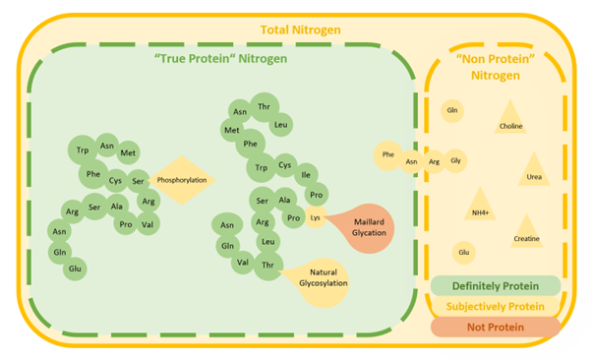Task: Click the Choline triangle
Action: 510,120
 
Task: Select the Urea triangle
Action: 534,171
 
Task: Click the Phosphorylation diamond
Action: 186,181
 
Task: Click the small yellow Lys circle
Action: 316,217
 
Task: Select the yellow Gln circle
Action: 452,110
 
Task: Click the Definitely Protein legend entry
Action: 495,286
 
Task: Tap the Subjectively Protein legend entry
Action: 495,306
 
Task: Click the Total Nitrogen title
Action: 300,30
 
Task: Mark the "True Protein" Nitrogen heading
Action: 221,59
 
